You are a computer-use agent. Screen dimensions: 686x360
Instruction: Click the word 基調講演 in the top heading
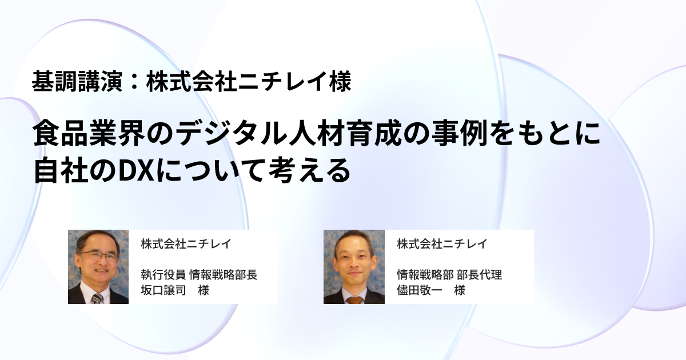(77, 81)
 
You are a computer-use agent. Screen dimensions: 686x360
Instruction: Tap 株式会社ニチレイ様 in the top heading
(249, 81)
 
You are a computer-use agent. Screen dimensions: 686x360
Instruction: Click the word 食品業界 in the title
(89, 134)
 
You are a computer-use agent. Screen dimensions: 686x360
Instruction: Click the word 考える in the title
(309, 170)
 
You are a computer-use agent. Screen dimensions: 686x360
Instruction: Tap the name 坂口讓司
(163, 290)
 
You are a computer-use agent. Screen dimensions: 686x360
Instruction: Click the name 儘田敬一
(419, 290)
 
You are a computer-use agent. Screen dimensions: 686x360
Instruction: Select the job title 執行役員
(163, 275)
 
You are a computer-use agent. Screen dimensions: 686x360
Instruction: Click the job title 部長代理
(479, 275)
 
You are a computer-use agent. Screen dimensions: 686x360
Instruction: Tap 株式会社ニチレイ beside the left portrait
(186, 244)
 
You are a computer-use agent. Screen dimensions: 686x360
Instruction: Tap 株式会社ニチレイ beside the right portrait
(442, 244)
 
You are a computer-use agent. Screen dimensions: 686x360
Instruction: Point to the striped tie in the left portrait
(97, 298)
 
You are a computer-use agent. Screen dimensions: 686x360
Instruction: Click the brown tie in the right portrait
(355, 300)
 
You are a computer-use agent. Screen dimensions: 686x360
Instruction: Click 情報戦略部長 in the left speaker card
(224, 275)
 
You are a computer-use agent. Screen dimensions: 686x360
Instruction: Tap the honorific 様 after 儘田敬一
(460, 290)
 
